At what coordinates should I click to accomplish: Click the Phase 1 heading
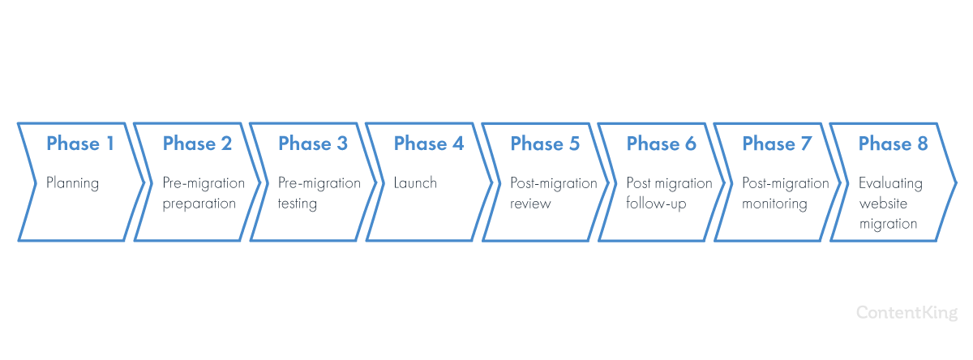point(80,144)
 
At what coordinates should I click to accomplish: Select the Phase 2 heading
point(197,144)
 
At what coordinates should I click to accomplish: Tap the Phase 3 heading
point(313,144)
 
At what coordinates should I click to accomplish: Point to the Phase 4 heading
point(429,144)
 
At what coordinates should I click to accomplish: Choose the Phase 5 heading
point(545,144)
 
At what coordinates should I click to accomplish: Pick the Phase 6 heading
point(661,144)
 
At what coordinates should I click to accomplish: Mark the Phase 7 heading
point(777,144)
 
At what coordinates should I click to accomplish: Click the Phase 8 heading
point(893,144)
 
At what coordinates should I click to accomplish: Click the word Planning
point(72,184)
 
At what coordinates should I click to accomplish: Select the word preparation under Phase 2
point(199,204)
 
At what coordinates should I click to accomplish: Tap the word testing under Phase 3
point(298,204)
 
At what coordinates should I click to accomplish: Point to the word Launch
point(415,182)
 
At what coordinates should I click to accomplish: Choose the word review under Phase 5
point(530,204)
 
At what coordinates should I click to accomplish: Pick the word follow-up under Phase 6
point(656,204)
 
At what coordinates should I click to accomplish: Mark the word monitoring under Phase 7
point(774,204)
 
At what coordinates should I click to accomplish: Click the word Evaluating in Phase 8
point(890,184)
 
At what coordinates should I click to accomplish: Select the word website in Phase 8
point(883,204)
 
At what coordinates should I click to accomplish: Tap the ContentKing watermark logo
point(907,313)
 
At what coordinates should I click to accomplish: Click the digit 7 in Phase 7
point(806,144)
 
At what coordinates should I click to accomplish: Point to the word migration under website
point(889,224)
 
